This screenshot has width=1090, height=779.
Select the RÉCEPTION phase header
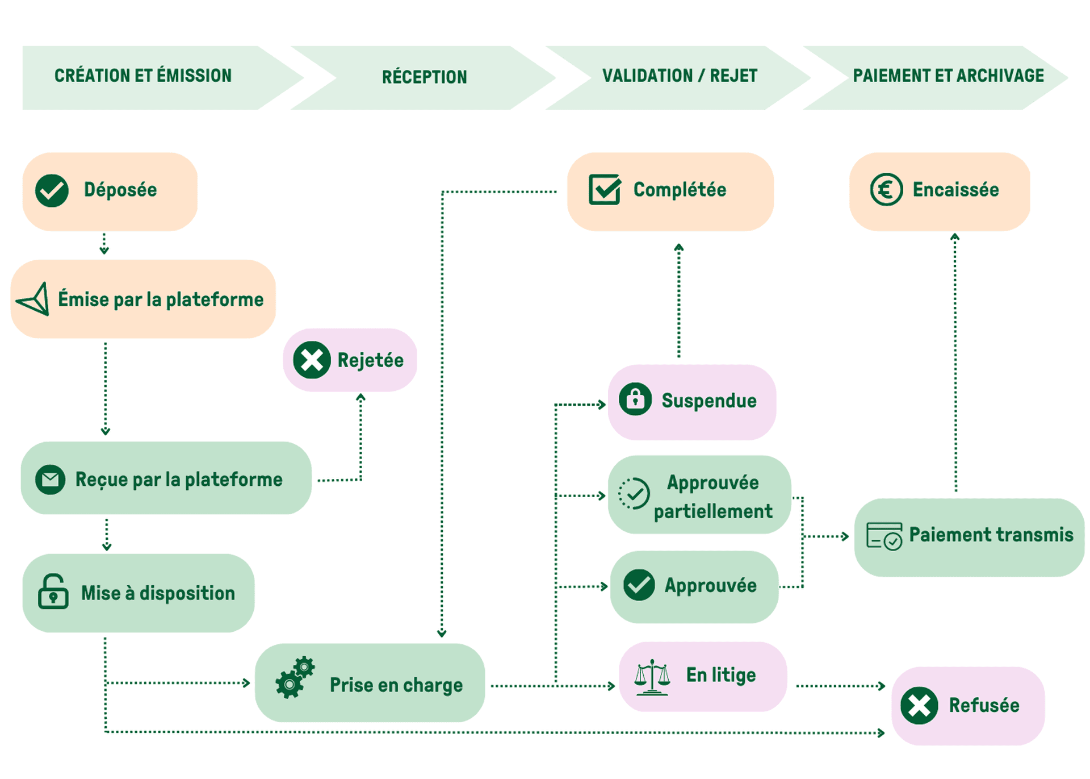click(x=424, y=77)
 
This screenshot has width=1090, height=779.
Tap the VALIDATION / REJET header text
click(x=680, y=76)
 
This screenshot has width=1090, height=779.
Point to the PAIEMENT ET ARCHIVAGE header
click(x=948, y=76)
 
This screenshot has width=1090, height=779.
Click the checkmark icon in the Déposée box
click(x=52, y=190)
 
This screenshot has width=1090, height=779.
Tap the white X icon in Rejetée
click(x=312, y=360)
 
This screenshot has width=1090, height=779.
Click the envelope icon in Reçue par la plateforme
click(x=50, y=480)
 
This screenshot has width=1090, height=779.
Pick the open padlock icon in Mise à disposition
click(x=53, y=592)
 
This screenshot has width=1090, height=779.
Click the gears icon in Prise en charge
click(x=295, y=677)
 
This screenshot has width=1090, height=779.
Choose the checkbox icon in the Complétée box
click(x=605, y=189)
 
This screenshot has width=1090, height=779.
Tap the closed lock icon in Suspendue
click(x=635, y=399)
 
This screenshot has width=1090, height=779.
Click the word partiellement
click(x=713, y=511)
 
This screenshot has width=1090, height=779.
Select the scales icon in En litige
click(x=652, y=677)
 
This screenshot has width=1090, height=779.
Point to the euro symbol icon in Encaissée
click(x=886, y=190)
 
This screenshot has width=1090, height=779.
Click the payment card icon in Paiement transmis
click(x=884, y=536)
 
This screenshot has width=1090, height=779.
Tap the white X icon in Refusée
click(x=919, y=706)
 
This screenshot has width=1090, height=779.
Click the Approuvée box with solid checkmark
click(x=694, y=586)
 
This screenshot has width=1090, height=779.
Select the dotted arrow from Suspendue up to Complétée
click(x=678, y=301)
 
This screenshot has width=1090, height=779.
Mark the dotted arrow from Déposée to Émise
click(x=104, y=243)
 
